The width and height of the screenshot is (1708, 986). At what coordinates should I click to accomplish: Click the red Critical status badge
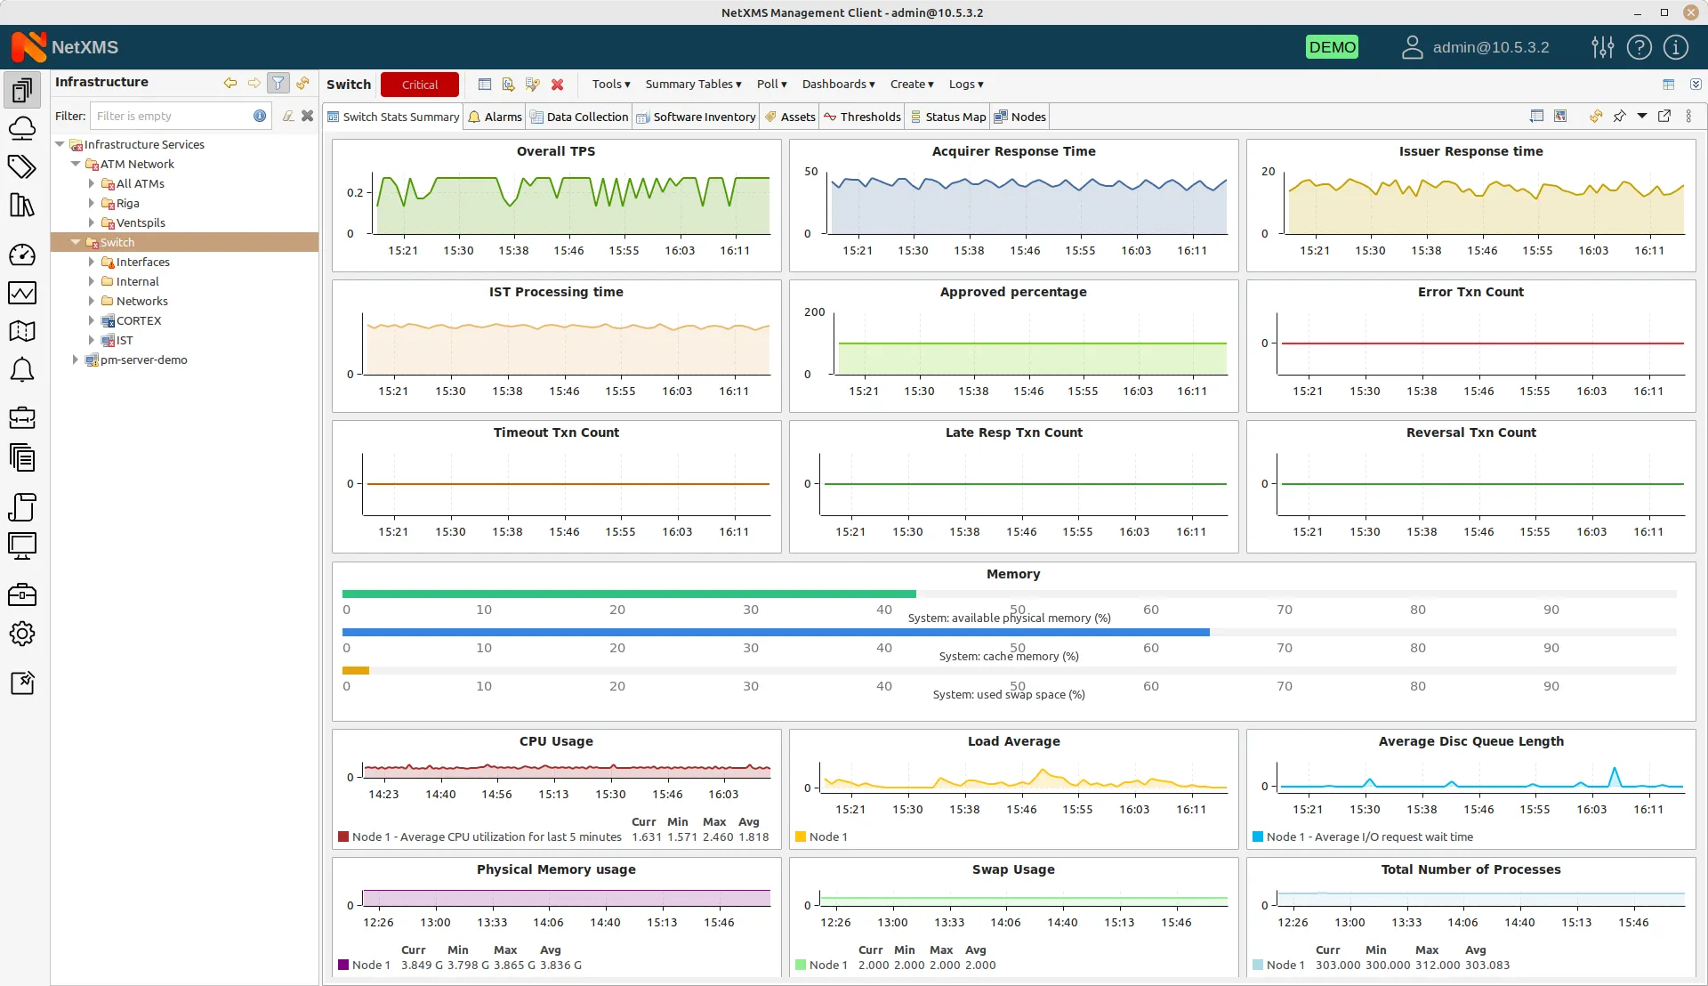point(419,85)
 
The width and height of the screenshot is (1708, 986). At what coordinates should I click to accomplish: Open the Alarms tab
point(495,117)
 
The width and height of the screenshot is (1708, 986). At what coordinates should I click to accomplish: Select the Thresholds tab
point(862,117)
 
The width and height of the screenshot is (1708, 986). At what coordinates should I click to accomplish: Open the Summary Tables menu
point(693,85)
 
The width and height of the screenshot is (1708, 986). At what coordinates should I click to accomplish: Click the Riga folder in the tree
point(127,203)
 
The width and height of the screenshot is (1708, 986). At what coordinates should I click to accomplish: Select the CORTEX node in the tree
point(139,320)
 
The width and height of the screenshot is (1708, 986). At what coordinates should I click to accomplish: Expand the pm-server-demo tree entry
point(76,360)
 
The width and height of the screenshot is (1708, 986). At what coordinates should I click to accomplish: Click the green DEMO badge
point(1332,47)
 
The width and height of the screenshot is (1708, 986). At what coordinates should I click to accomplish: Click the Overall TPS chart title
point(556,151)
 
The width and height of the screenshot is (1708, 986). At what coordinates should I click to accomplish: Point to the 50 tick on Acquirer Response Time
point(810,172)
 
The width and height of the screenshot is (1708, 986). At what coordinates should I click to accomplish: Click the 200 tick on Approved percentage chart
point(814,312)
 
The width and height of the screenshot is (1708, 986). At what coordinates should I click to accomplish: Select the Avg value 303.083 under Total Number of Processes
point(1486,966)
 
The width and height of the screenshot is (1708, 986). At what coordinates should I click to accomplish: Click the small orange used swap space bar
point(356,670)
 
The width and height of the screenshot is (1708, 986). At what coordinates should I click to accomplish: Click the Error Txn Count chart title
point(1470,292)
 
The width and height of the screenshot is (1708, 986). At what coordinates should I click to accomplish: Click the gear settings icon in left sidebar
point(22,634)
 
